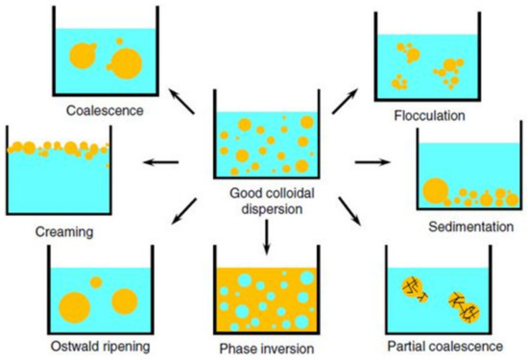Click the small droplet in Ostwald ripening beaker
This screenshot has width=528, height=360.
click(96, 281)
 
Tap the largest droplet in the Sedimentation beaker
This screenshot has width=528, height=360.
click(435, 192)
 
